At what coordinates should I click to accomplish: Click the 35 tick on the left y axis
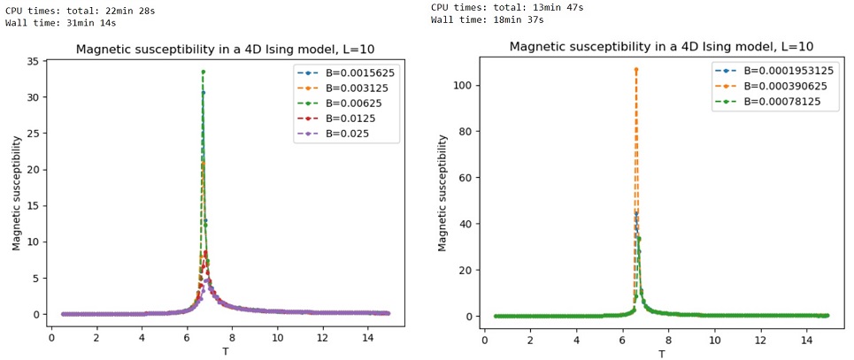34,61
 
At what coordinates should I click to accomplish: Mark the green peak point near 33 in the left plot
203,72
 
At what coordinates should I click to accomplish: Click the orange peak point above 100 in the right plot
635,69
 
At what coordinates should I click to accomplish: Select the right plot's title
661,47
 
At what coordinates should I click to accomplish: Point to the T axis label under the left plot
225,351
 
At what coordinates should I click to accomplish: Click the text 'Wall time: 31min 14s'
56,21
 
